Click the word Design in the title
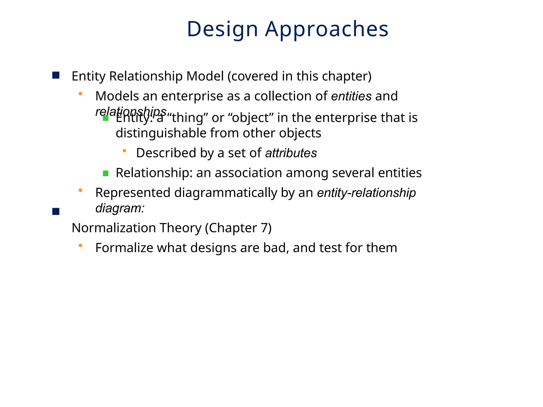(222, 29)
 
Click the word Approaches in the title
(327, 29)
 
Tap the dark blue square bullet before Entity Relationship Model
(56, 76)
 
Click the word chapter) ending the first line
(347, 76)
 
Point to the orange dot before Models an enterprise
(80, 94)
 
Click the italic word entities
(351, 96)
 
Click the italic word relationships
(131, 112)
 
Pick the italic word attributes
(291, 153)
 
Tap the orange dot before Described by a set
(124, 151)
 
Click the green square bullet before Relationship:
(106, 174)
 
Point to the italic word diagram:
(120, 208)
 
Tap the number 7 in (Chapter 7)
(264, 228)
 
